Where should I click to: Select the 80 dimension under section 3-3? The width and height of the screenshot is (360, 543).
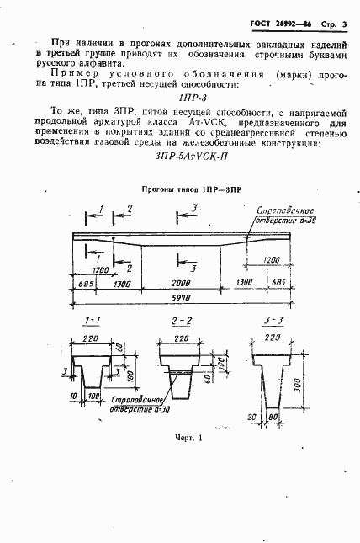pyautogui.click(x=274, y=418)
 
